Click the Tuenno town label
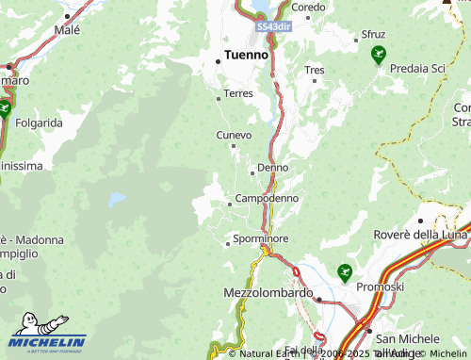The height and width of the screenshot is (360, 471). click(246, 55)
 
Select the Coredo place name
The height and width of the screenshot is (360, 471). click(308, 7)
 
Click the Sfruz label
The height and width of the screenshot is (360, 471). click(374, 35)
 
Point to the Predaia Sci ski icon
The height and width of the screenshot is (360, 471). click(379, 55)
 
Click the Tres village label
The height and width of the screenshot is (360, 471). click(315, 70)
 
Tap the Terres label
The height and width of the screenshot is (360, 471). click(238, 94)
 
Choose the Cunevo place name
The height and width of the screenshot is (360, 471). click(235, 136)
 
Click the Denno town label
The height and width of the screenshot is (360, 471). click(272, 168)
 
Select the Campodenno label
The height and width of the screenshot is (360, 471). click(267, 199)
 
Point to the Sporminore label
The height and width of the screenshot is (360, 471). click(260, 240)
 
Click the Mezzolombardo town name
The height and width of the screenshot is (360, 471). click(268, 293)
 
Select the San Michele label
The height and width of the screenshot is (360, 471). click(407, 338)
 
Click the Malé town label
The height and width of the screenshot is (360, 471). click(67, 30)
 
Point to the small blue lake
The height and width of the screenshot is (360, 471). click(117, 200)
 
